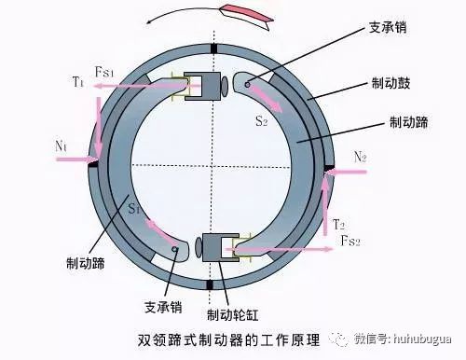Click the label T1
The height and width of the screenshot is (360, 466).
pyautogui.click(x=77, y=81)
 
